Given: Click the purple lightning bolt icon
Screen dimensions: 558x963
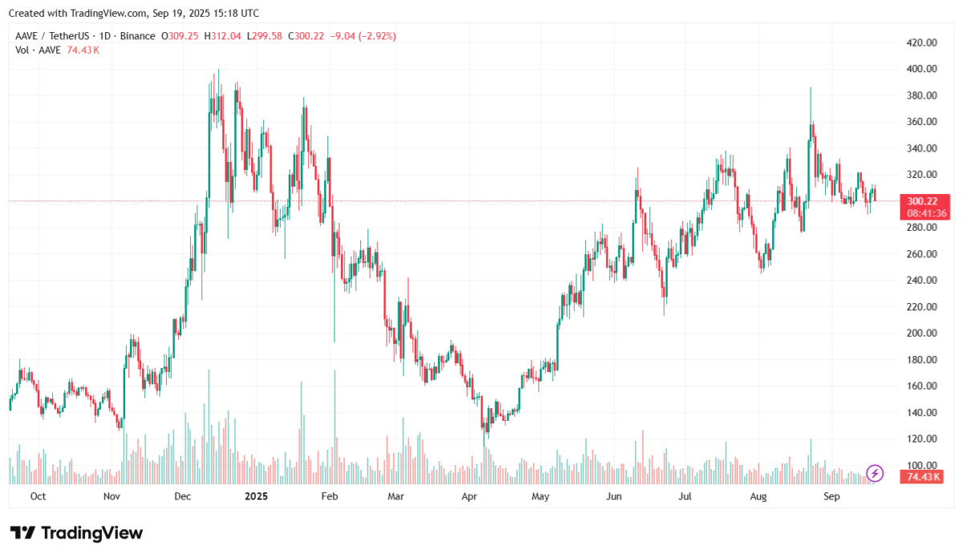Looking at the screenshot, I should pyautogui.click(x=876, y=473).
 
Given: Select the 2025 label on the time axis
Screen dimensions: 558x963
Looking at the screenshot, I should pyautogui.click(x=256, y=497).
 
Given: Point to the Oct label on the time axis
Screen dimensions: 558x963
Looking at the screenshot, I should pyautogui.click(x=38, y=497).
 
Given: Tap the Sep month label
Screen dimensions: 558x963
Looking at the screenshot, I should pyautogui.click(x=832, y=497).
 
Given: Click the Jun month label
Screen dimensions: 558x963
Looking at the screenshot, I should pyautogui.click(x=614, y=497).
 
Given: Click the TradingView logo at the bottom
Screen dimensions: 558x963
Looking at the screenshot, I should pyautogui.click(x=76, y=533).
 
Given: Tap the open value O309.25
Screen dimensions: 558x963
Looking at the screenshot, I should pyautogui.click(x=181, y=36).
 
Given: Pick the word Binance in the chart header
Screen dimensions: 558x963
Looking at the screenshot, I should pyautogui.click(x=139, y=36).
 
